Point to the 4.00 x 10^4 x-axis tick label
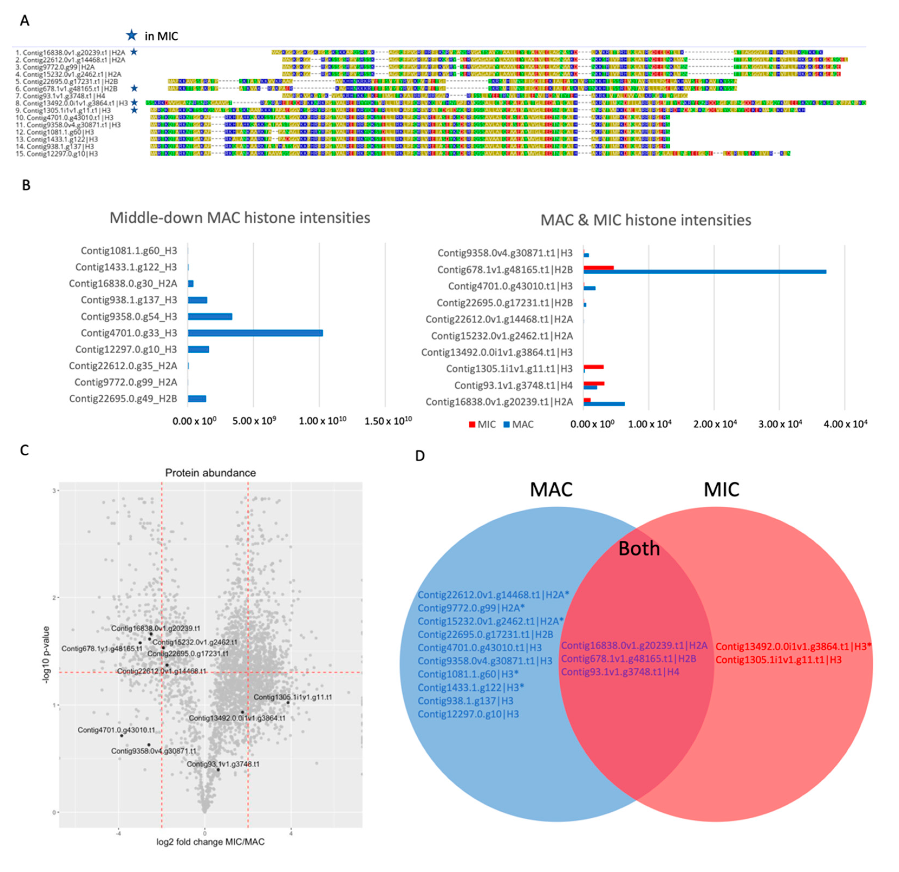coord(845,424)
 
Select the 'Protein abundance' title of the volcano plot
coord(211,472)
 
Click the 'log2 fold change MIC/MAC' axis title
coord(211,842)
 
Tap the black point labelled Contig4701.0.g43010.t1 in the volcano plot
coord(122,736)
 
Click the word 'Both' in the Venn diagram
coord(639,548)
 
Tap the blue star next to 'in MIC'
coord(132,35)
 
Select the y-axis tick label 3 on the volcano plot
coord(54,491)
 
